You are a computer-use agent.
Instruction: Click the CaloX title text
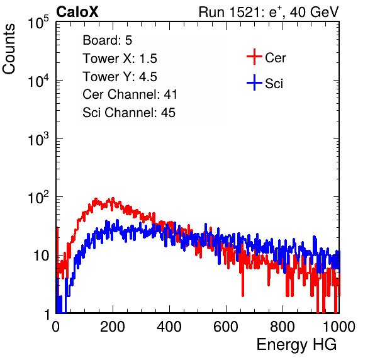(x=77, y=12)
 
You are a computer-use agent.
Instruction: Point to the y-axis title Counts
(x=9, y=49)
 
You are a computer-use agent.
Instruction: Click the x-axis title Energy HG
(x=296, y=345)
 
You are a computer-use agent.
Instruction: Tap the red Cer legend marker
(x=254, y=57)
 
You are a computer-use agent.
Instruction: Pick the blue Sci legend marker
(x=254, y=82)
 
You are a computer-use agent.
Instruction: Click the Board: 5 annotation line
(x=108, y=40)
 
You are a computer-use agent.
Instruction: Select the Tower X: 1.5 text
(x=120, y=59)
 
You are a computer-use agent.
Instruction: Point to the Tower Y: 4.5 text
(x=120, y=77)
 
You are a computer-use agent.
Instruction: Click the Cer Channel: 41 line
(x=130, y=94)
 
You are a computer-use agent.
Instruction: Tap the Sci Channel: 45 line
(x=129, y=113)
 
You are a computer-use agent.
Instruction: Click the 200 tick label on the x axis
(x=113, y=327)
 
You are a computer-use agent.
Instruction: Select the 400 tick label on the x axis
(x=169, y=327)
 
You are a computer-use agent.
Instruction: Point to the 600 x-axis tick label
(x=226, y=327)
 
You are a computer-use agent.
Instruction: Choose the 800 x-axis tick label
(x=283, y=327)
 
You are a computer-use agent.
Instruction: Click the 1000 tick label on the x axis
(x=339, y=327)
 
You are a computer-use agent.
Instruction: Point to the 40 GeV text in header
(x=315, y=12)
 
